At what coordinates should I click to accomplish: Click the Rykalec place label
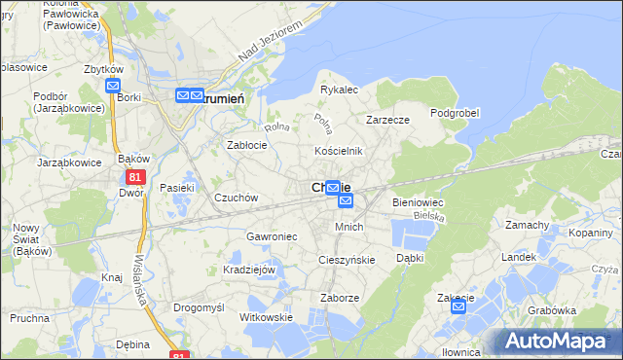point(340,90)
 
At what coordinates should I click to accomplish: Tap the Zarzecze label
point(387,120)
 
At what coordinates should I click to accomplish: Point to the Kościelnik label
point(338,151)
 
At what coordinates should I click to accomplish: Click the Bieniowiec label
point(418,202)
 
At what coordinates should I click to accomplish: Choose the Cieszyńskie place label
point(347,260)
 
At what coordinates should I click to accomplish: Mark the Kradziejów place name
point(250,270)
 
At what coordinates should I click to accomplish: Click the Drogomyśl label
point(199,306)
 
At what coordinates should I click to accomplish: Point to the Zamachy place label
point(528,225)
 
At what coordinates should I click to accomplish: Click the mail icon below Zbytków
point(112,86)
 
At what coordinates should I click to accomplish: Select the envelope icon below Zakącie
point(458,307)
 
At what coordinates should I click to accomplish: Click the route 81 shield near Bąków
point(133,176)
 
